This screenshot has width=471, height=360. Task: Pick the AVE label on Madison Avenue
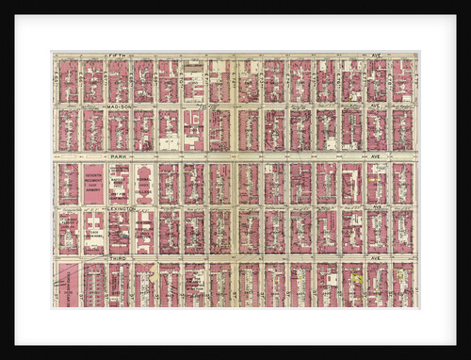374,106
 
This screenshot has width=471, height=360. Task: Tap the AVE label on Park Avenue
374,155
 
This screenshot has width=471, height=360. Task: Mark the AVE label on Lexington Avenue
374,207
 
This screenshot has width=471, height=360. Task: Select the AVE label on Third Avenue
374,257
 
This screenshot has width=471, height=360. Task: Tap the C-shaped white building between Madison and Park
193,129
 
